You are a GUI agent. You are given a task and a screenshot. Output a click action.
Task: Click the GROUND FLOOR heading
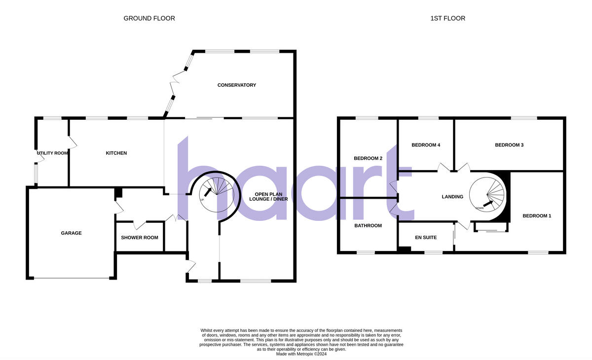pyautogui.click(x=149, y=19)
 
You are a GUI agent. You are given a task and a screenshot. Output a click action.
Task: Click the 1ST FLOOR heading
pyautogui.click(x=447, y=19)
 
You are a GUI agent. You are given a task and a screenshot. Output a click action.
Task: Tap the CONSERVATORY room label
pyautogui.click(x=237, y=85)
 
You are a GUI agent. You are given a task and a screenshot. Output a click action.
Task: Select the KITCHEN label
pyautogui.click(x=116, y=153)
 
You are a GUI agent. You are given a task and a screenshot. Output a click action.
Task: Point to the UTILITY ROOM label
pyautogui.click(x=52, y=153)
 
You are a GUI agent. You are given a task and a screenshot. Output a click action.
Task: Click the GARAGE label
pyautogui.click(x=71, y=233)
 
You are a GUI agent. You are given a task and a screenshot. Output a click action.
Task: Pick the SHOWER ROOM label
pyautogui.click(x=140, y=238)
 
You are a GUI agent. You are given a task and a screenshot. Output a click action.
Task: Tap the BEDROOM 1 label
pyautogui.click(x=537, y=216)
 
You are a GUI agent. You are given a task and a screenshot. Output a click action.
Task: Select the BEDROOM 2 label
pyautogui.click(x=368, y=158)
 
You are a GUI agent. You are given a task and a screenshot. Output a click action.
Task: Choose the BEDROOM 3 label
pyautogui.click(x=509, y=145)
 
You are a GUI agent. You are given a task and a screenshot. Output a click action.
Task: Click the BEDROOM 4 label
pyautogui.click(x=426, y=145)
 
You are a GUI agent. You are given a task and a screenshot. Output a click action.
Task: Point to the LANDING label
pyautogui.click(x=452, y=197)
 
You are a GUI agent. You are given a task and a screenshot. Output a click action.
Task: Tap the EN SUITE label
pyautogui.click(x=426, y=238)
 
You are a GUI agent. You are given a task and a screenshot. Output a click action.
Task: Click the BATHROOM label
pyautogui.click(x=368, y=226)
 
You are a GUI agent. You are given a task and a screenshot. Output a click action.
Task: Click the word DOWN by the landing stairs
pyautogui.click(x=480, y=208)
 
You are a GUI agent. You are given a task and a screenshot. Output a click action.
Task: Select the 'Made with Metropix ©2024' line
pyautogui.click(x=301, y=354)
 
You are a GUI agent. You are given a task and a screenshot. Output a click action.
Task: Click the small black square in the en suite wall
pyautogui.click(x=404, y=250)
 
